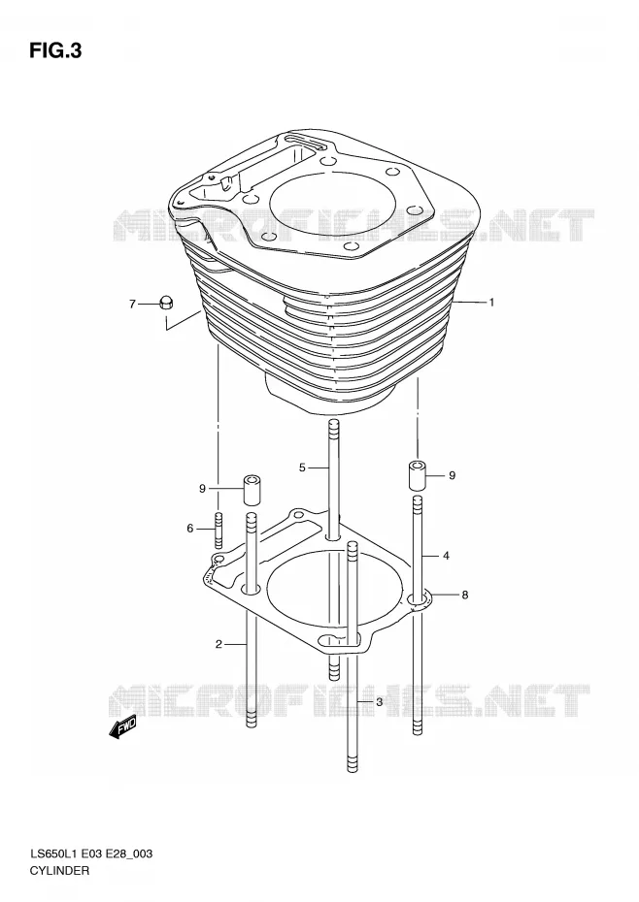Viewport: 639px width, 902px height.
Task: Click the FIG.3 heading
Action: point(55,51)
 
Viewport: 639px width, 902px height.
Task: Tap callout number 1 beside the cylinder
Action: point(491,302)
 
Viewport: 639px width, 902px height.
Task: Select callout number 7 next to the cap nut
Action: point(132,304)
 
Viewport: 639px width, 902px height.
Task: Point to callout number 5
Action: point(302,467)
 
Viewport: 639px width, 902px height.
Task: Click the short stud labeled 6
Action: point(219,530)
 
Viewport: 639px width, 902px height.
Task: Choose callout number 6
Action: point(190,528)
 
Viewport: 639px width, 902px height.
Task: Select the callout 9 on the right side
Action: point(452,475)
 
